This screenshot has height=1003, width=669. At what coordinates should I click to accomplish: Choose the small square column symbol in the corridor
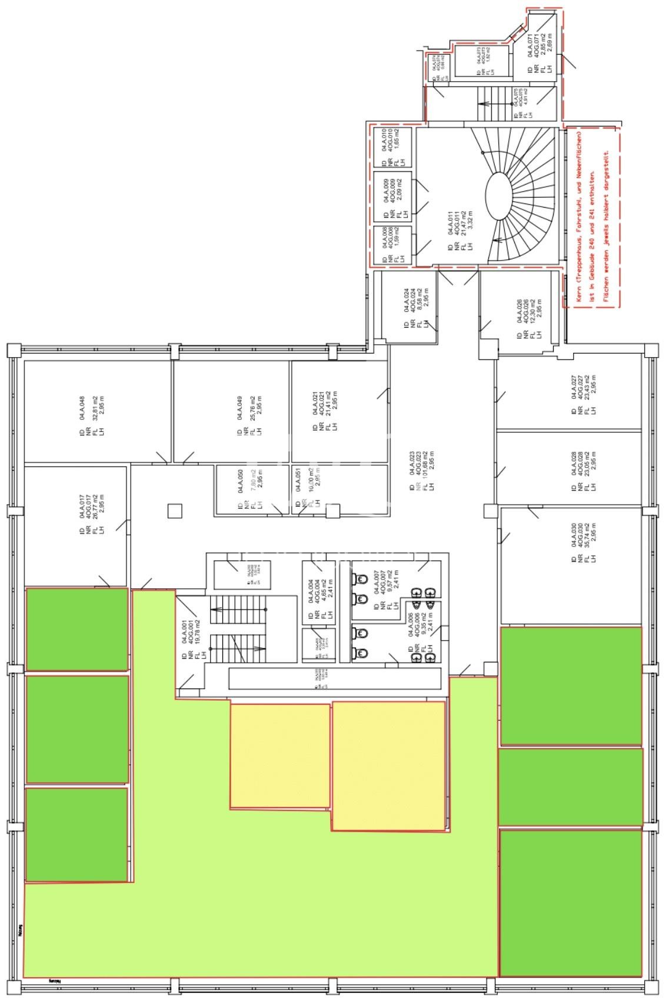[x=175, y=511]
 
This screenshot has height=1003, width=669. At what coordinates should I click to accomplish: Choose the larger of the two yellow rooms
[x=389, y=765]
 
